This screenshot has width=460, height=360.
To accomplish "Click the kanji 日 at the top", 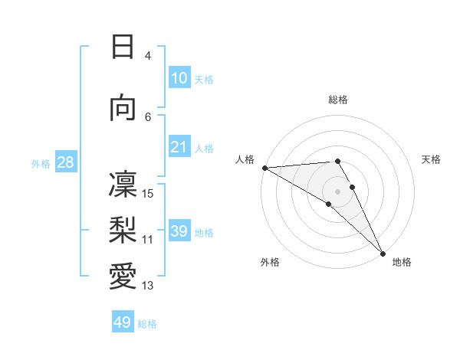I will point(123,47).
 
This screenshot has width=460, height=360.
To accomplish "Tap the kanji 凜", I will point(123,185).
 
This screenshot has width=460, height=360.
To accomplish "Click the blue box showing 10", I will point(179,78).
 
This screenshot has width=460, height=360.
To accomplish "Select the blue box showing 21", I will point(179,147).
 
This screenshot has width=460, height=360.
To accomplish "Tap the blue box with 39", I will point(179,231).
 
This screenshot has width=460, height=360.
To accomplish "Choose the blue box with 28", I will point(65,162).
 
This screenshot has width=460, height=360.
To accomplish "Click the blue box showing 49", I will point(123,322).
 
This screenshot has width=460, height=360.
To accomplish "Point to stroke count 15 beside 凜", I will point(149,193).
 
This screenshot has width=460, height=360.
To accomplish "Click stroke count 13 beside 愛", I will point(149,286).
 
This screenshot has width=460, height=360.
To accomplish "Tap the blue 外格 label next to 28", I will point(41,163).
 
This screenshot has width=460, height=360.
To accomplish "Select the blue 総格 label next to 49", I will point(148,324).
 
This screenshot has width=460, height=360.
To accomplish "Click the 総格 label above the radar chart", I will point(337,100).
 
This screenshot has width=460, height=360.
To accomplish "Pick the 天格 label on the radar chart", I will point(431,159).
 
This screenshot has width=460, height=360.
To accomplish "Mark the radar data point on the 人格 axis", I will point(264,168).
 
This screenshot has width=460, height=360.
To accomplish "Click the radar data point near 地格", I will point(382,253).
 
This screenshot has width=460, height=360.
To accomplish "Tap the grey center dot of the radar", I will point(337,191).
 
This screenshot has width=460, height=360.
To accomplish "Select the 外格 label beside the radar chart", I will point(270,263).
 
